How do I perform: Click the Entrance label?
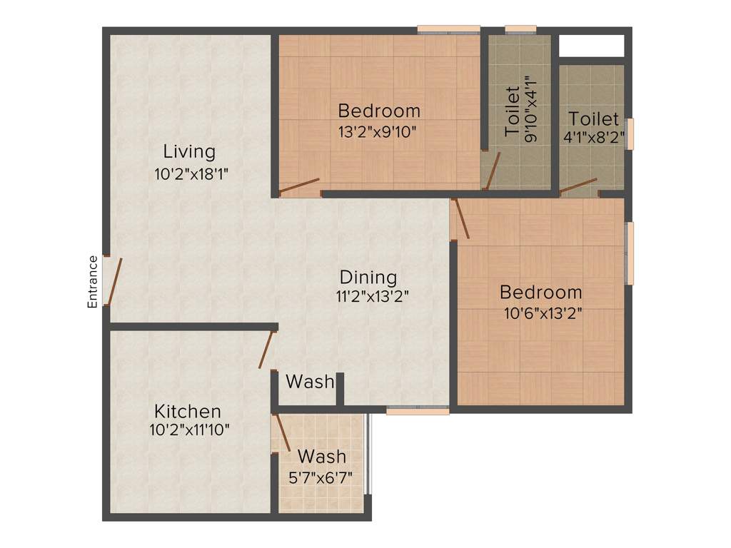pyautogui.click(x=92, y=282)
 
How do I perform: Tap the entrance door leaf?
pyautogui.click(x=115, y=281)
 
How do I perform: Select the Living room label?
pyautogui.click(x=189, y=151)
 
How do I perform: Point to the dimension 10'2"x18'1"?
pyautogui.click(x=191, y=173)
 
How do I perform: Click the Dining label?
pyautogui.click(x=368, y=277)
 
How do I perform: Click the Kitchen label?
pyautogui.click(x=188, y=411)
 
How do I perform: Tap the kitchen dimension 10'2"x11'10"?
pyautogui.click(x=189, y=430)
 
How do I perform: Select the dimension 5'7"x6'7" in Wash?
pyautogui.click(x=321, y=476)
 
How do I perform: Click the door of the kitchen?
pyautogui.click(x=267, y=349)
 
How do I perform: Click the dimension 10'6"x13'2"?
pyautogui.click(x=540, y=311)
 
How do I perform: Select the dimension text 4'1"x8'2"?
pyautogui.click(x=594, y=138)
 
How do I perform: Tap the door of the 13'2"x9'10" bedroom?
pyautogui.click(x=299, y=186)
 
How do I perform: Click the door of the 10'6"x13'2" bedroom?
pyautogui.click(x=462, y=218)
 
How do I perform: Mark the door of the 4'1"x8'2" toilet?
pyautogui.click(x=578, y=186)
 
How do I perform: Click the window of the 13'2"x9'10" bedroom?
pyautogui.click(x=448, y=29)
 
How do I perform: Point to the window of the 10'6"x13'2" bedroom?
pyautogui.click(x=630, y=253)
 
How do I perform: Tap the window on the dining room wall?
pyautogui.click(x=418, y=410)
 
